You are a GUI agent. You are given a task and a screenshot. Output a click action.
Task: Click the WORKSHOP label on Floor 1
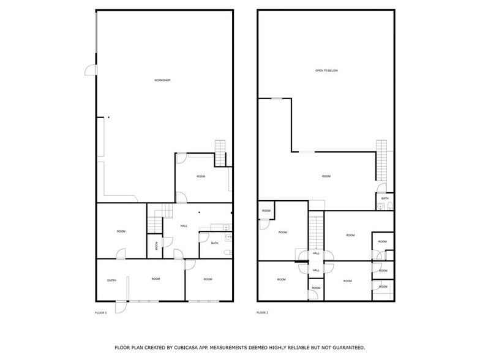162,81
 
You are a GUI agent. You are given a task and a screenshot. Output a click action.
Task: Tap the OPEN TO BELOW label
326,71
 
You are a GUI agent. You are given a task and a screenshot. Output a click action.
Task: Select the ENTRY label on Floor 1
111,280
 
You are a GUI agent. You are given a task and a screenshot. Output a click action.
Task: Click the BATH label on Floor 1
214,244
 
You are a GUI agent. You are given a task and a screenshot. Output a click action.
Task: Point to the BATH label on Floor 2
384,198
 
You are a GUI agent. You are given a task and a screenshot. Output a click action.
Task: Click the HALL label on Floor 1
184,227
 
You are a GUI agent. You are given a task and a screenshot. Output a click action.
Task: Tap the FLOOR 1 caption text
100,313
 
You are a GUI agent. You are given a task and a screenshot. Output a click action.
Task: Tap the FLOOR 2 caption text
262,313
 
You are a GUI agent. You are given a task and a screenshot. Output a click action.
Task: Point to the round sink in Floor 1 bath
227,236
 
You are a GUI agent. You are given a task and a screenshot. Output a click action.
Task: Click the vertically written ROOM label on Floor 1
157,246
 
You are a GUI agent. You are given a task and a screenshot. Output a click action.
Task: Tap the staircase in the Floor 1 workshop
220,148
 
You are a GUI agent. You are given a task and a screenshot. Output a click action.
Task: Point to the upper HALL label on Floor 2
316,253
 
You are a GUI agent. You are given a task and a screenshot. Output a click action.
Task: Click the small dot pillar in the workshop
108,117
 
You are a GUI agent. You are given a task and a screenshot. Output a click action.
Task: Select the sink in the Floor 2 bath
381,208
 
